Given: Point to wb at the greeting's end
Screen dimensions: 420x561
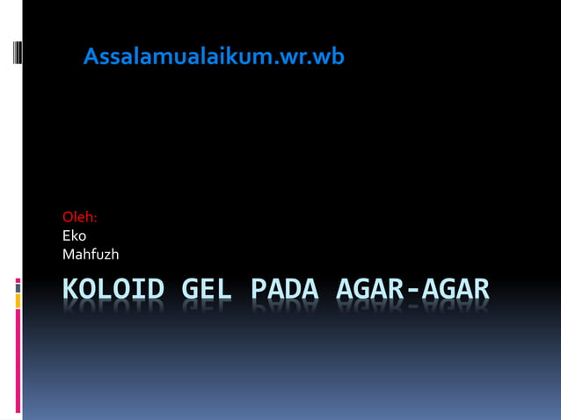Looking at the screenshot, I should tap(330, 57).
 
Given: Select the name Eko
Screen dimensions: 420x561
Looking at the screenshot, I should tap(75, 235).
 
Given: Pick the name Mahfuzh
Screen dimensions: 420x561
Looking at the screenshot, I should tap(91, 255).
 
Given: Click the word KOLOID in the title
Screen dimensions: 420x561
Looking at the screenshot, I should tap(113, 289).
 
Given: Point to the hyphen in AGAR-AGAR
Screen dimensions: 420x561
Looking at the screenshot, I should tap(412, 290).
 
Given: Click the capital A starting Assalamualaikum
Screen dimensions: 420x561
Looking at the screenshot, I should tap(91, 57).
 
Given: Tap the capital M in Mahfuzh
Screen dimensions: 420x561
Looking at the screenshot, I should tap(69, 255).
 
